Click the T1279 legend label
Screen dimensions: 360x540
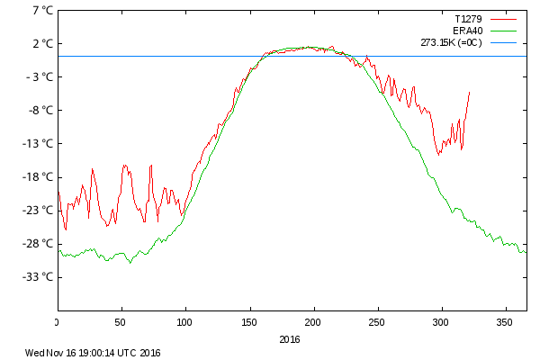(x=469, y=18)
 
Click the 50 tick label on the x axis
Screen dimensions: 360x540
(x=121, y=321)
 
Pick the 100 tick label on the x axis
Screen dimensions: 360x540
(x=185, y=321)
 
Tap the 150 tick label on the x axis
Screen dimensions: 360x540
(x=249, y=321)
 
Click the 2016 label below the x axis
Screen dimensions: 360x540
(x=290, y=339)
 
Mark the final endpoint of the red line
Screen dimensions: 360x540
(x=469, y=92)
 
